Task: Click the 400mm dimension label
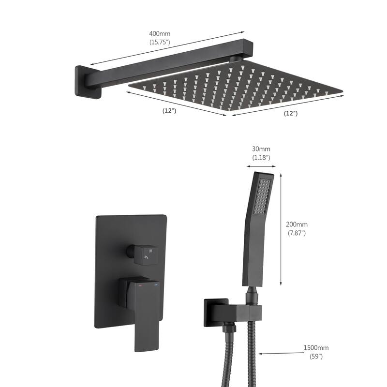tap(160, 34)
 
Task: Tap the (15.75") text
tap(160, 43)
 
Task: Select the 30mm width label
tap(261, 149)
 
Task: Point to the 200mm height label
tap(297, 224)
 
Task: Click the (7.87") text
tap(297, 233)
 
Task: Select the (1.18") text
tap(261, 158)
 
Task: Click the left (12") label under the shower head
tap(169, 111)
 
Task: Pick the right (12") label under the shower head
tap(290, 113)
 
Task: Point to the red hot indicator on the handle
tap(140, 286)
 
